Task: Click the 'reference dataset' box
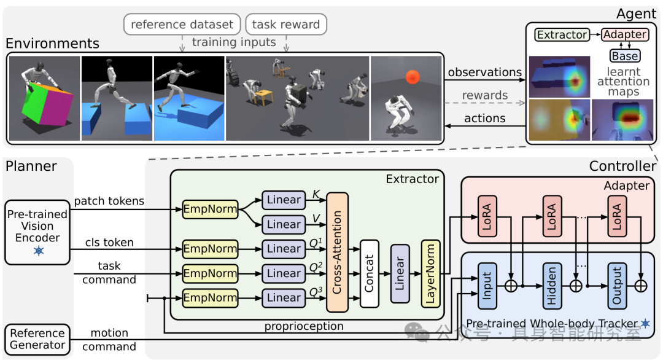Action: point(182,24)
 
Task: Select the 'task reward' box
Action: point(286,24)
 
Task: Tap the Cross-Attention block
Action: point(338,252)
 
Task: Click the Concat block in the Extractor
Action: point(369,273)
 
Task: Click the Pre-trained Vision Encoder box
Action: point(37,232)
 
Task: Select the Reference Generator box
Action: point(37,339)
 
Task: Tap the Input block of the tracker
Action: point(487,286)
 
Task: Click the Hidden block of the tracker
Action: point(552,286)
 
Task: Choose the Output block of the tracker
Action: point(617,286)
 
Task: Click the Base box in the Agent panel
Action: point(625,56)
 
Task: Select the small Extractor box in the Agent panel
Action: point(562,34)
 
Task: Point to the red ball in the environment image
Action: point(413,77)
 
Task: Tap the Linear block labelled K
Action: point(283,200)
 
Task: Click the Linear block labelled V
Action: point(283,224)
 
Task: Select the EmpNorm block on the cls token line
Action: point(210,249)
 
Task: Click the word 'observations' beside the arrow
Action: point(484,72)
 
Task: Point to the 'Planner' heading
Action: point(31,166)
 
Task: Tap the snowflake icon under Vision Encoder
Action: point(39,251)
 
